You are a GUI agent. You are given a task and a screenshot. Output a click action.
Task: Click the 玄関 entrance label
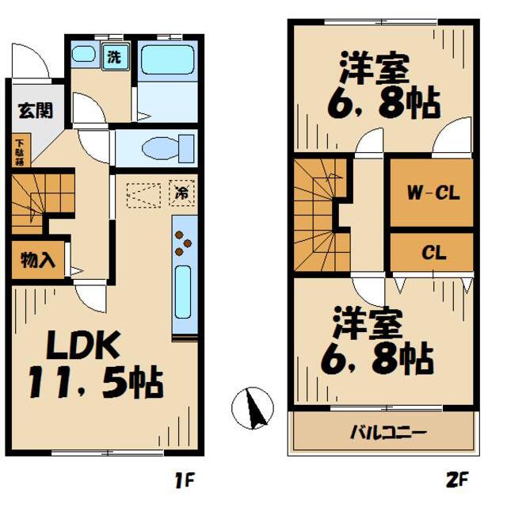32,110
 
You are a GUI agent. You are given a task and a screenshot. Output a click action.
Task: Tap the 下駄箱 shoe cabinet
18,151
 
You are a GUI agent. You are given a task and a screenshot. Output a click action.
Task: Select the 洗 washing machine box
115,57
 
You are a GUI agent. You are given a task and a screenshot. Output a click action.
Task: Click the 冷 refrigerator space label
182,191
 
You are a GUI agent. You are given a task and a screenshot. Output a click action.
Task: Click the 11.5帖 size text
96,384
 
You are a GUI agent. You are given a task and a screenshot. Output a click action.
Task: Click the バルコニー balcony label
387,433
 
